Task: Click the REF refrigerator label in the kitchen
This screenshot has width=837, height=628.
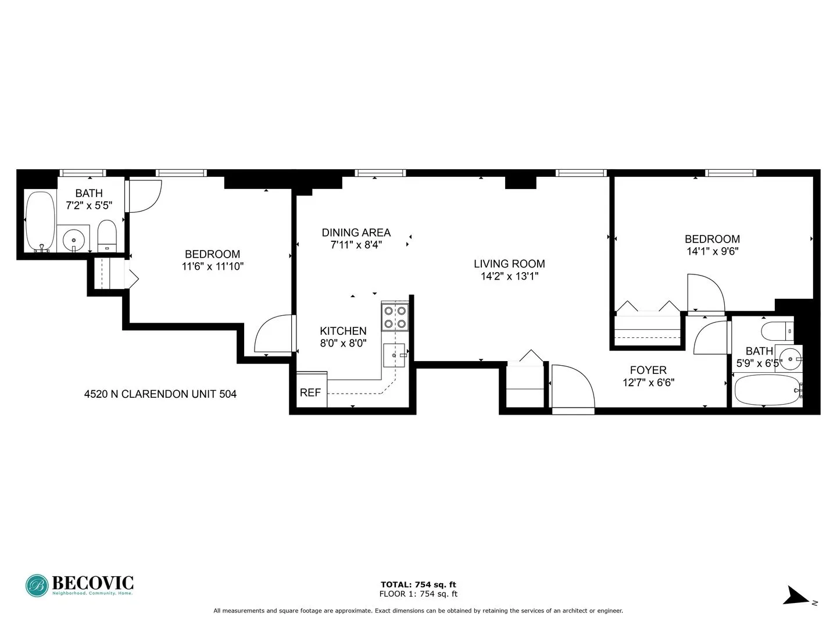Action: pyautogui.click(x=310, y=392)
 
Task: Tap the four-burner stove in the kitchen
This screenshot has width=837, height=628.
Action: pyautogui.click(x=395, y=317)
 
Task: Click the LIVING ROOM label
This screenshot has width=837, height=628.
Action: pyautogui.click(x=509, y=264)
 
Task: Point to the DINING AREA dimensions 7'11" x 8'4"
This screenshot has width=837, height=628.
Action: pyautogui.click(x=356, y=245)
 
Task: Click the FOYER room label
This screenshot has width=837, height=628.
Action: pyautogui.click(x=648, y=370)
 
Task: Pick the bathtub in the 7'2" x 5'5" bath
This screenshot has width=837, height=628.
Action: pyautogui.click(x=40, y=222)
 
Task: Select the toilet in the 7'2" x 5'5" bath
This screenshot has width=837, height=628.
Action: pyautogui.click(x=107, y=235)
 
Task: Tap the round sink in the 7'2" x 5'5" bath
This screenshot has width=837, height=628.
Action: pyautogui.click(x=74, y=238)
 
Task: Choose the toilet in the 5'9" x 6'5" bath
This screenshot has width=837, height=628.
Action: pyautogui.click(x=777, y=330)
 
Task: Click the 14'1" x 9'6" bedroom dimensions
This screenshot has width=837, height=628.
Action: pyautogui.click(x=712, y=252)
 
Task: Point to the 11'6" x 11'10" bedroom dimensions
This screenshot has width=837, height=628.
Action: pyautogui.click(x=212, y=267)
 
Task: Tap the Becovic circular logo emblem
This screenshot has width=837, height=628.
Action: pyautogui.click(x=37, y=586)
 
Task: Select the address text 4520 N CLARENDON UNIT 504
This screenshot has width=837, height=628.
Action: pyautogui.click(x=160, y=394)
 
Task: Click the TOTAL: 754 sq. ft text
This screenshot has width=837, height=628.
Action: pyautogui.click(x=418, y=584)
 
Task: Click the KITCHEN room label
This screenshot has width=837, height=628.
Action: pyautogui.click(x=343, y=331)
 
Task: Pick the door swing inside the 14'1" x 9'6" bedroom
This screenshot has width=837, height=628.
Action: pyautogui.click(x=705, y=294)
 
